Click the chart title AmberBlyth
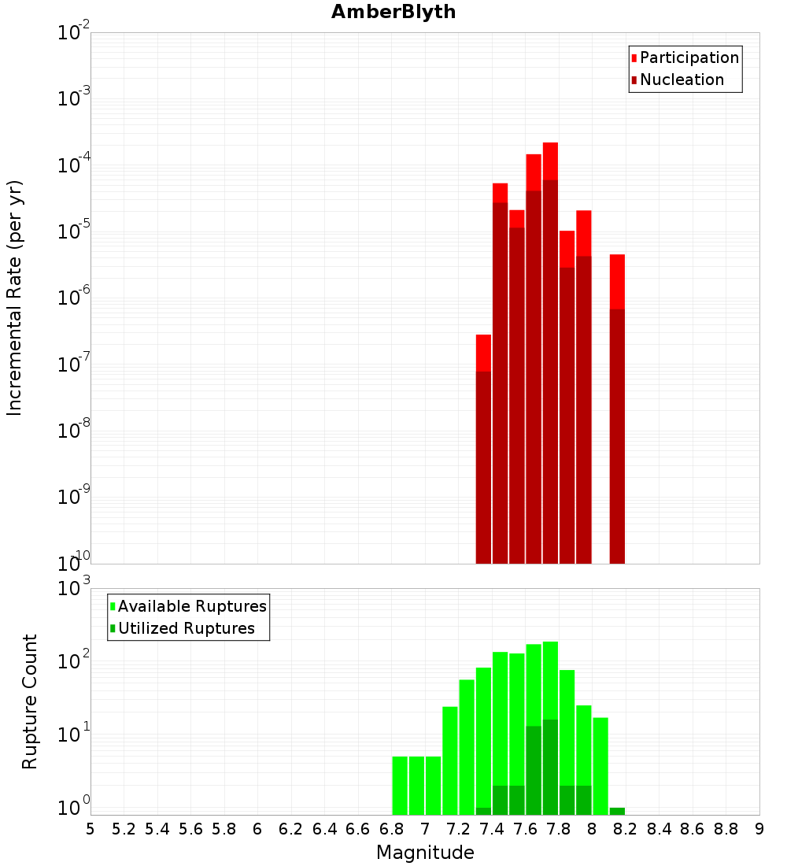point(393,13)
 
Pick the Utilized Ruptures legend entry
point(186,628)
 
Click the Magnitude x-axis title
point(425,853)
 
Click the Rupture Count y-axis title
point(30,701)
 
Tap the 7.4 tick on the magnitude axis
point(492,829)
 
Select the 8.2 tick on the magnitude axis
point(626,829)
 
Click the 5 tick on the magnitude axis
point(91,829)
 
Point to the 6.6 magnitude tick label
point(358,829)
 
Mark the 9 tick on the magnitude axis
point(759,829)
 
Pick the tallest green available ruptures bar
point(550,685)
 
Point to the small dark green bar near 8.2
point(617,811)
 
